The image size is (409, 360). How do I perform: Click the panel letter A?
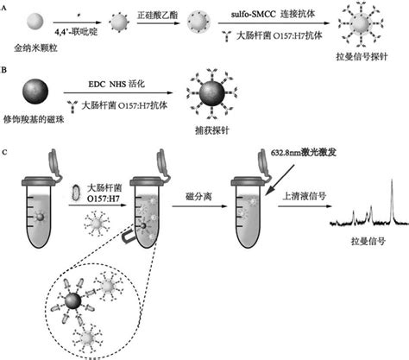pos(9,5)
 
